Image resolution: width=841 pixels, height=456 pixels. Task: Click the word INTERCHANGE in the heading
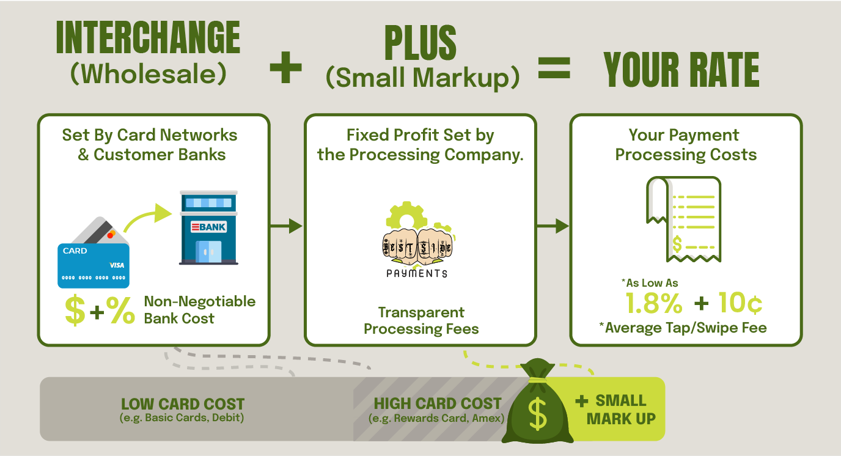click(x=148, y=39)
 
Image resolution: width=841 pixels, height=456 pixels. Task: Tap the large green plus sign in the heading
click(x=286, y=67)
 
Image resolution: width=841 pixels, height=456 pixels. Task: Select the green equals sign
click(x=554, y=68)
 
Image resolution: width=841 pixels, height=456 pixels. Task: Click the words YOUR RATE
click(x=681, y=70)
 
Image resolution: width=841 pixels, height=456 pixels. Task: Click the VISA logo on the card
click(x=117, y=265)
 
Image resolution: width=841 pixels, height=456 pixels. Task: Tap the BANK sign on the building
click(x=208, y=227)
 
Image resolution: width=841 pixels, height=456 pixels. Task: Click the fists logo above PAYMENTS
click(x=419, y=246)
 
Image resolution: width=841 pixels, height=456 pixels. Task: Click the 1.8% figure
click(x=654, y=303)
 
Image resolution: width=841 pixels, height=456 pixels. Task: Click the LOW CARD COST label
click(x=183, y=405)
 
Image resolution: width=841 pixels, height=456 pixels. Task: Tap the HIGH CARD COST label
click(x=438, y=404)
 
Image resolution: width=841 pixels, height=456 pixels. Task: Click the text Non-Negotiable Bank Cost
click(x=199, y=310)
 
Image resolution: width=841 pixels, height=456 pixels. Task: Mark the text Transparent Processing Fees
click(x=421, y=321)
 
